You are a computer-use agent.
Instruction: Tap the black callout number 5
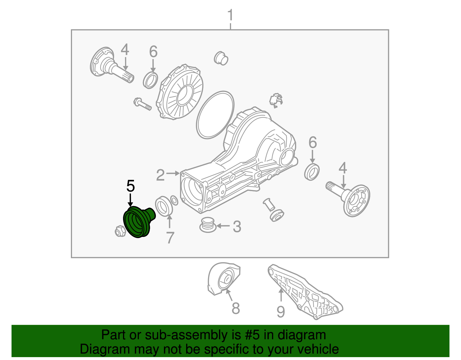coord(131,186)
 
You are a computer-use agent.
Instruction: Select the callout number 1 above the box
coord(231,15)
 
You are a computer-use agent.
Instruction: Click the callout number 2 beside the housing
coord(160,175)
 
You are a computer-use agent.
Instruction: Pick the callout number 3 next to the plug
coord(237,227)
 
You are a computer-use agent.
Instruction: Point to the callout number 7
coord(170,238)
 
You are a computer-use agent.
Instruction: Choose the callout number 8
coord(236,308)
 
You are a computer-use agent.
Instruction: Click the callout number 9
coord(281,311)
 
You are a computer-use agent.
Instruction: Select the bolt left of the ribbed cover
coord(143,104)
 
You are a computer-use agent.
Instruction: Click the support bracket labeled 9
coord(305,292)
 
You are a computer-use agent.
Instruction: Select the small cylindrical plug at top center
coord(221,58)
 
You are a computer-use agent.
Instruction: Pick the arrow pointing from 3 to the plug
coord(223,226)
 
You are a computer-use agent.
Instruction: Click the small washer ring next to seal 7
coord(174,200)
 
